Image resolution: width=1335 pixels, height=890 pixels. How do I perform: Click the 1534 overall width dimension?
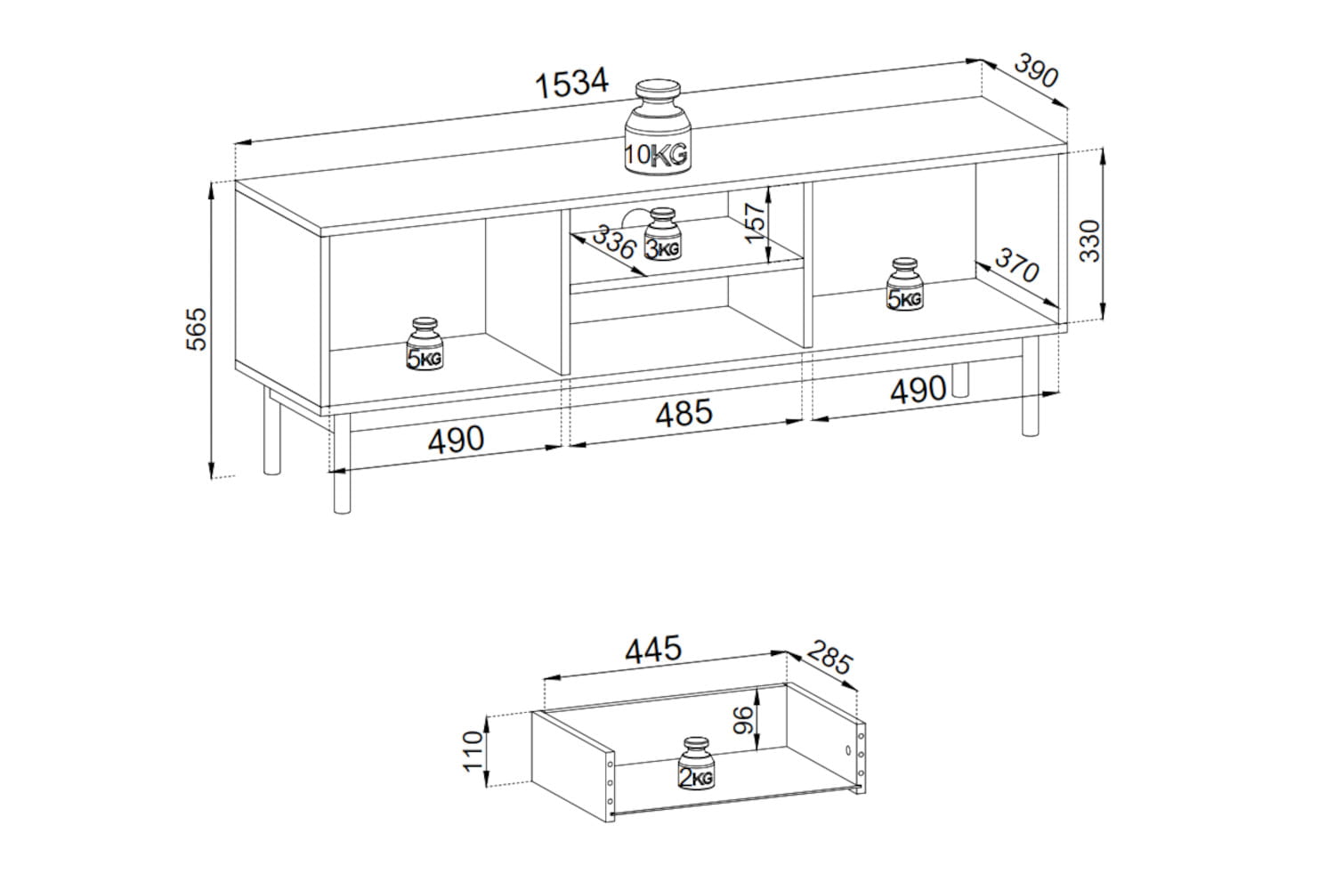point(571,83)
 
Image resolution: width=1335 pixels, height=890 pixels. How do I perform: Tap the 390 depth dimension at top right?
point(1036,69)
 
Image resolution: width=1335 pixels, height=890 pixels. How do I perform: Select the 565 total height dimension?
point(197,329)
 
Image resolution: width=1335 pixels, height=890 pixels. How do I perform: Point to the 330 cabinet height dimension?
point(1090,241)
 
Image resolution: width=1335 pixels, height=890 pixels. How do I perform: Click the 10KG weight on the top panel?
point(658,127)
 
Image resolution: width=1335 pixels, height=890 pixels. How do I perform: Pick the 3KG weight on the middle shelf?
point(663,234)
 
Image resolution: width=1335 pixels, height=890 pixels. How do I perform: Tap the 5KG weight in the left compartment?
point(425,344)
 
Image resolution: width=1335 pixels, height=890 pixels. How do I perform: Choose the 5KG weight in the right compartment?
point(905,284)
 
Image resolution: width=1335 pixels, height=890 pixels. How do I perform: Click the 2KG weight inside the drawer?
point(696,763)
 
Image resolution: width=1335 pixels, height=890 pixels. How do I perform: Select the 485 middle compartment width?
point(684,412)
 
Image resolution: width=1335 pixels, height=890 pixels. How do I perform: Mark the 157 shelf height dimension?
point(755,223)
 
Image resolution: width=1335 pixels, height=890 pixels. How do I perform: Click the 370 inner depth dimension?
point(1016,264)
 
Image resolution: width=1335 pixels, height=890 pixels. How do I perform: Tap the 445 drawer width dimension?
point(652,649)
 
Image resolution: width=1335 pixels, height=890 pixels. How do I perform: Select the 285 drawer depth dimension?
point(830,658)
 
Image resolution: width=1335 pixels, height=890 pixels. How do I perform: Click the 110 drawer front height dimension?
point(473,751)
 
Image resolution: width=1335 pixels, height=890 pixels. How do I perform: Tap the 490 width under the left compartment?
point(456,440)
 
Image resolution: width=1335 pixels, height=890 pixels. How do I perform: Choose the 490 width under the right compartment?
point(918,390)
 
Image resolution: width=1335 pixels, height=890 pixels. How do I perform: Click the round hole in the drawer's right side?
point(848,750)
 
